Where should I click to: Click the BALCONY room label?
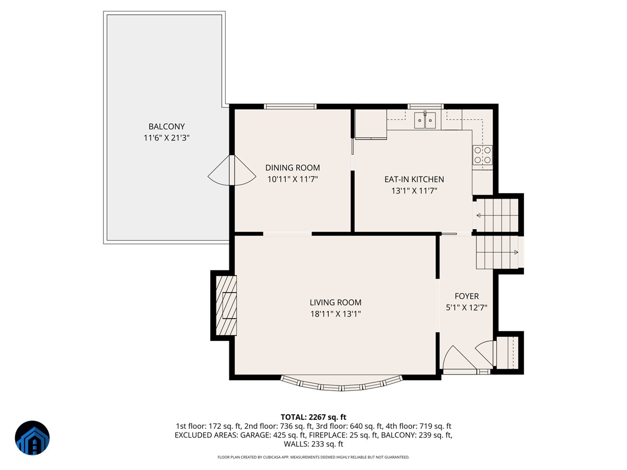pyautogui.click(x=167, y=126)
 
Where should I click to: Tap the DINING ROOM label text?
pyautogui.click(x=293, y=168)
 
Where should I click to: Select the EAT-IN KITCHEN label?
pyautogui.click(x=414, y=179)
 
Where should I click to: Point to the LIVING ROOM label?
pyautogui.click(x=335, y=302)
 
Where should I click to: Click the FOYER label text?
pyautogui.click(x=467, y=296)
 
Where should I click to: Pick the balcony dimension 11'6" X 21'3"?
pyautogui.click(x=167, y=138)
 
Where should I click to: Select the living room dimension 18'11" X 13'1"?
pyautogui.click(x=335, y=314)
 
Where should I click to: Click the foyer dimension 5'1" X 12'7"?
pyautogui.click(x=467, y=308)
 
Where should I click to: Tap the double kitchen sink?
pyautogui.click(x=425, y=120)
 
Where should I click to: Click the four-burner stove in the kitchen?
pyautogui.click(x=482, y=155)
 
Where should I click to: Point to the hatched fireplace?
pyautogui.click(x=226, y=305)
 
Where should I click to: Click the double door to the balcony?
pyautogui.click(x=231, y=171)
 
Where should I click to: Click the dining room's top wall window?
pyautogui.click(x=290, y=107)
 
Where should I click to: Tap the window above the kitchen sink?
pyautogui.click(x=425, y=107)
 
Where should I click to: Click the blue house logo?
pyautogui.click(x=32, y=438)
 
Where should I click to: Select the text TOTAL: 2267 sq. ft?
pyautogui.click(x=313, y=417)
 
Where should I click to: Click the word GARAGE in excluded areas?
pyautogui.click(x=256, y=435)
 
